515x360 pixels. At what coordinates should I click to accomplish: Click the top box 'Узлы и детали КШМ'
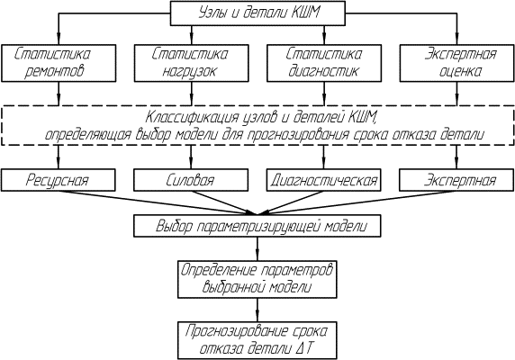[257, 13]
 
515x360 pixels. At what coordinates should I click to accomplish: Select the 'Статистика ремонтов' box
[59, 63]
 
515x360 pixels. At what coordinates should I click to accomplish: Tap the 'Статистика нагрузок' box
[191, 63]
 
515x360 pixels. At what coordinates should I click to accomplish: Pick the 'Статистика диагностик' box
[324, 63]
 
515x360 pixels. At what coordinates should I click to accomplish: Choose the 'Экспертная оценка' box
[456, 63]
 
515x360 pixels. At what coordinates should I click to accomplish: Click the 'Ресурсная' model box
[59, 180]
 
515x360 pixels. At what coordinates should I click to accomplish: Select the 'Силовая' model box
[191, 180]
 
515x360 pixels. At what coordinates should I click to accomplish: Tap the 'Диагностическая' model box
[323, 180]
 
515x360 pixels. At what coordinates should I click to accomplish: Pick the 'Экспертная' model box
[456, 180]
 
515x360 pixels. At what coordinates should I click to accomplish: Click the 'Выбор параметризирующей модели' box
[257, 226]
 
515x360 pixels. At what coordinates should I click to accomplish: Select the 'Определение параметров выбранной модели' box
[257, 279]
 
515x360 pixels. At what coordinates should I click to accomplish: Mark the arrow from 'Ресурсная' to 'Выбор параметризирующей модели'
[157, 202]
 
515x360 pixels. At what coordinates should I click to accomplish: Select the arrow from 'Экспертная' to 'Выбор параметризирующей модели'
[357, 202]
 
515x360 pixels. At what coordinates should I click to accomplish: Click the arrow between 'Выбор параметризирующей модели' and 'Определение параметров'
[257, 248]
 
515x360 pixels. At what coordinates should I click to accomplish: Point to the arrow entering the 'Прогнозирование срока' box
[257, 310]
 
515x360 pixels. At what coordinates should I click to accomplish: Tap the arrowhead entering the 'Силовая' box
[191, 164]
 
